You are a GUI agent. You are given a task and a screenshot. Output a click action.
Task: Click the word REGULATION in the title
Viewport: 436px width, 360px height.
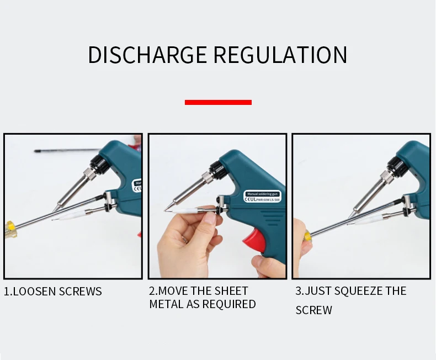click(x=280, y=55)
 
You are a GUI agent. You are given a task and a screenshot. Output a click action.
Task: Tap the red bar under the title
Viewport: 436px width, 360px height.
click(x=218, y=102)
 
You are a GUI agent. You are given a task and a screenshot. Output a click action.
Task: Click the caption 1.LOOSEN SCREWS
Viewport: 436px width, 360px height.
click(x=53, y=292)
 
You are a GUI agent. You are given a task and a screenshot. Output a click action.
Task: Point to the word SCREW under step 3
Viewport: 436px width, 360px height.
click(x=313, y=310)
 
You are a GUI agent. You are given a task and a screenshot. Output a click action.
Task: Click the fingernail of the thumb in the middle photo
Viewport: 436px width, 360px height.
click(x=210, y=218)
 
